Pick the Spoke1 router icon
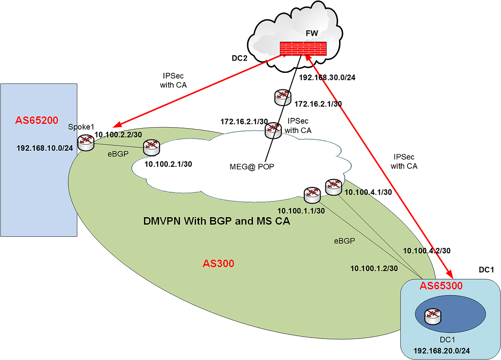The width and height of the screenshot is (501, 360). (x=86, y=142)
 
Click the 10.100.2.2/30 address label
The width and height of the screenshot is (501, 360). (x=117, y=135)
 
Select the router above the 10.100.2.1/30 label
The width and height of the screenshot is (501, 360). (x=151, y=146)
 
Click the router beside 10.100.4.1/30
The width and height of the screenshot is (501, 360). (x=333, y=187)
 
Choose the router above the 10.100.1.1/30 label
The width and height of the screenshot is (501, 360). (x=312, y=195)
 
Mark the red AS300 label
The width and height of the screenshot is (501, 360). (x=218, y=264)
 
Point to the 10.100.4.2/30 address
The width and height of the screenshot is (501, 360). (x=426, y=250)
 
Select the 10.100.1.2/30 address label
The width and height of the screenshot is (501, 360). (x=374, y=268)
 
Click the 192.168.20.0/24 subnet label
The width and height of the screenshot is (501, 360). (x=442, y=351)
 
